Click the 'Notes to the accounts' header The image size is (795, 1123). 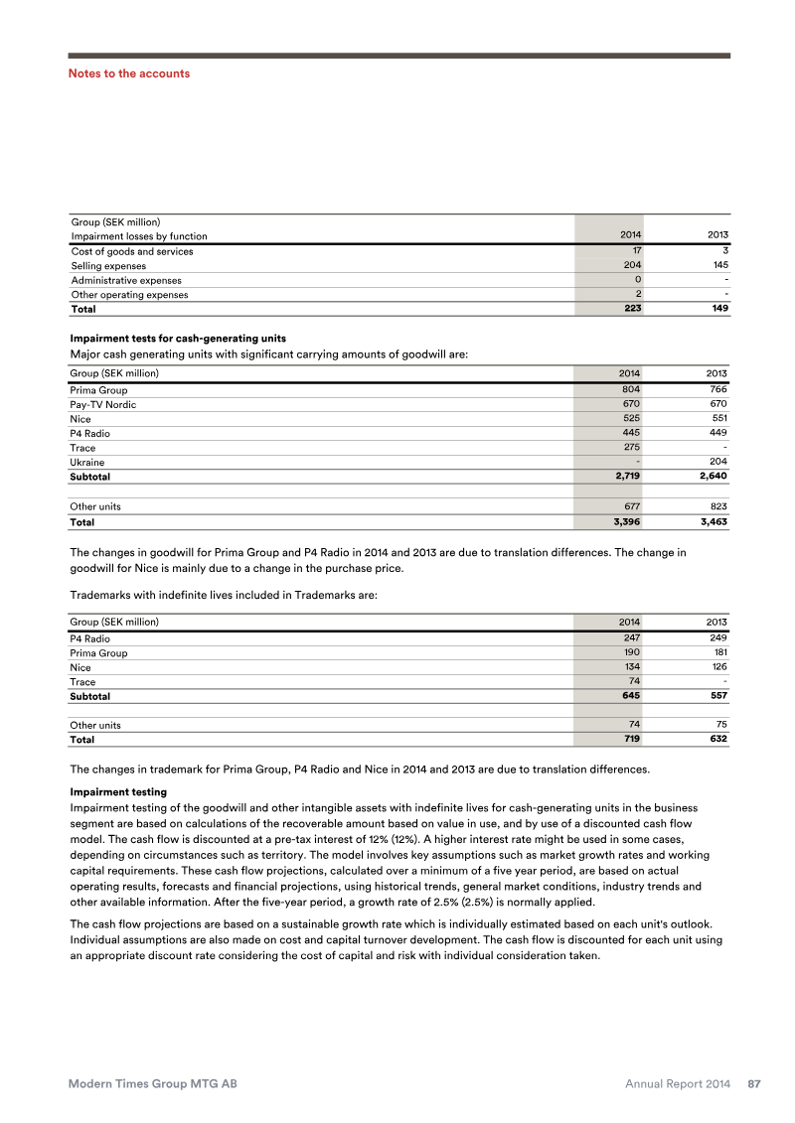(x=128, y=73)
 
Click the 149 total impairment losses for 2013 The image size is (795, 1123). (x=717, y=309)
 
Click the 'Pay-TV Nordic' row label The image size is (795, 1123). (x=103, y=405)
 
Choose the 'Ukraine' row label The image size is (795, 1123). (x=87, y=463)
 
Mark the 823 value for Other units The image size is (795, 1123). (x=717, y=506)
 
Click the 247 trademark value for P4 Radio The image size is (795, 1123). (x=630, y=638)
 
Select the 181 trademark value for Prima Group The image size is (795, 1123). (x=717, y=653)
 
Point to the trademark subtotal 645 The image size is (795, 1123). (x=629, y=696)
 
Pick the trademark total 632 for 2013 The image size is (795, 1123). (x=716, y=740)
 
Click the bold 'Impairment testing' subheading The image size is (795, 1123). (x=118, y=792)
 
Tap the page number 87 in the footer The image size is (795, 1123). (x=754, y=1084)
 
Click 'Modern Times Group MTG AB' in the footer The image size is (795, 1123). (x=152, y=1084)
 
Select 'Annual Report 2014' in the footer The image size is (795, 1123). (x=678, y=1084)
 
